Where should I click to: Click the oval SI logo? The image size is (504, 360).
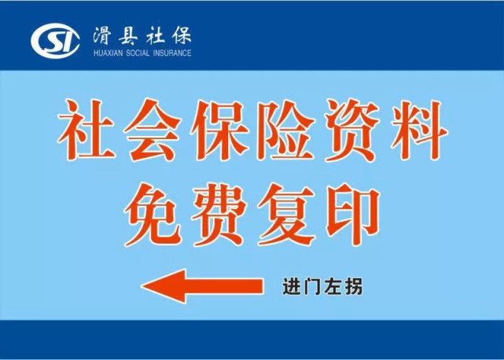click(x=55, y=41)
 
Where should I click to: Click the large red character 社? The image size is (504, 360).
click(x=86, y=130)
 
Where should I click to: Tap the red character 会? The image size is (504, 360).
click(x=152, y=130)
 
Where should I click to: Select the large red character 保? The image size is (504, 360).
click(x=219, y=130)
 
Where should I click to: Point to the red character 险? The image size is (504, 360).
click(x=285, y=130)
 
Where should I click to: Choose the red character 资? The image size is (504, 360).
click(x=352, y=130)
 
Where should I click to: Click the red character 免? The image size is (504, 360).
click(x=153, y=215)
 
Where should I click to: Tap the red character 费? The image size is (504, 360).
click(x=219, y=215)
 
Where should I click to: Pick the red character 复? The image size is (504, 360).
click(x=286, y=215)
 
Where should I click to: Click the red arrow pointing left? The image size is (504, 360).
click(x=202, y=286)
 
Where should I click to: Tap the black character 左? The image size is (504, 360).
click(x=333, y=287)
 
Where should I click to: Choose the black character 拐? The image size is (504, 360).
click(x=353, y=287)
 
